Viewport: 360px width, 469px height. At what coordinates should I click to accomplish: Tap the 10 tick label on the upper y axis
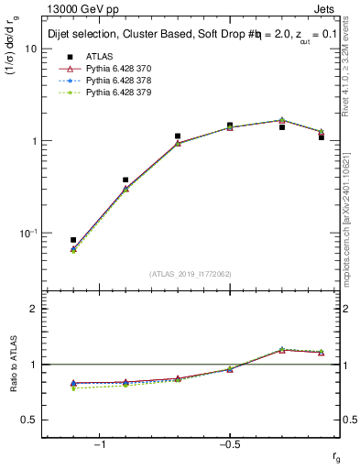[29, 49]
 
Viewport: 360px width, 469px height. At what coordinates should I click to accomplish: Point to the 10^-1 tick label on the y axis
[27, 234]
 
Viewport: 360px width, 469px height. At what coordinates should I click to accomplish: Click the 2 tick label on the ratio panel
[34, 309]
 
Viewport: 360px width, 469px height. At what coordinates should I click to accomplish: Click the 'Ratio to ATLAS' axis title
[16, 365]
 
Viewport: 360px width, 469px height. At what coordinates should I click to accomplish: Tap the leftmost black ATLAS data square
[73, 240]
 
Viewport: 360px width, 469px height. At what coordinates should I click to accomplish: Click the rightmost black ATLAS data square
[322, 136]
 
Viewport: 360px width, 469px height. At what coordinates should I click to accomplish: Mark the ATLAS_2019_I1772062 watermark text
[191, 274]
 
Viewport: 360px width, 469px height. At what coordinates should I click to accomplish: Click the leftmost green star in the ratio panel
[73, 388]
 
